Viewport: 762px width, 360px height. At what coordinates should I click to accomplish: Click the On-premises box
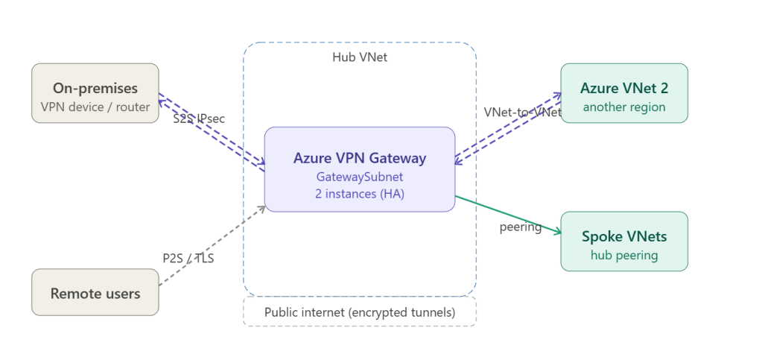pyautogui.click(x=95, y=93)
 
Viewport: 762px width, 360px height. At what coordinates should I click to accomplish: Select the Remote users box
pyautogui.click(x=95, y=293)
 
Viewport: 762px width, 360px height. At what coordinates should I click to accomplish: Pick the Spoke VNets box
pyautogui.click(x=624, y=241)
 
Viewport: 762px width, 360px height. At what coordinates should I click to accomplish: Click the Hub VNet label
pyautogui.click(x=360, y=57)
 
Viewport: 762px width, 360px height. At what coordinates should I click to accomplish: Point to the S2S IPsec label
pyautogui.click(x=198, y=119)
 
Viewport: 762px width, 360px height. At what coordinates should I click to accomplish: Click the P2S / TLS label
pyautogui.click(x=188, y=259)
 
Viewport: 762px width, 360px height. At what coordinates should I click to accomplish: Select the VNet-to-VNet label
pyautogui.click(x=522, y=112)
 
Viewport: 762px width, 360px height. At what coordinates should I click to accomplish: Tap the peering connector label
pyautogui.click(x=520, y=227)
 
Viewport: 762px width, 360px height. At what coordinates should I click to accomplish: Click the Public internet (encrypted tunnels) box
pyautogui.click(x=360, y=312)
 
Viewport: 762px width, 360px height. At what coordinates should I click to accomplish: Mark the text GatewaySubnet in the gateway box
pyautogui.click(x=360, y=177)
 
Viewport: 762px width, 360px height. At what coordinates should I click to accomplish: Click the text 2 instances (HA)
pyautogui.click(x=360, y=194)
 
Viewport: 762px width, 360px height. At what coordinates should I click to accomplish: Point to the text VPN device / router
pyautogui.click(x=95, y=107)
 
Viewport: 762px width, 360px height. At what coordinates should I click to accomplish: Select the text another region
pyautogui.click(x=624, y=107)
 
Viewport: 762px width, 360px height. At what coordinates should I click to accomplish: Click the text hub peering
pyautogui.click(x=624, y=255)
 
